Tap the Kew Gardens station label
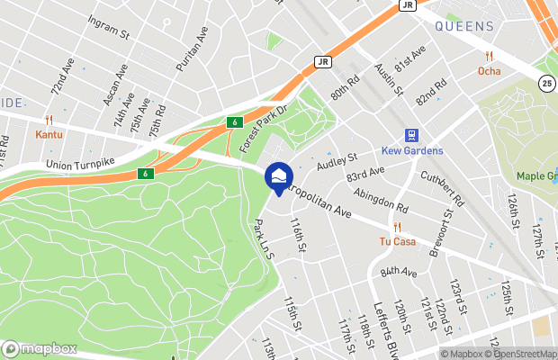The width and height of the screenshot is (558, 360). point(410,151)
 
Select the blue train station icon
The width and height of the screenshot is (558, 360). point(411,135)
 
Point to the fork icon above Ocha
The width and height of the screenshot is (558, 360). point(490,56)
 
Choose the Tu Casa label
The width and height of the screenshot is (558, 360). point(396,241)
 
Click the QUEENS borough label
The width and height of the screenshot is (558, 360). point(463,27)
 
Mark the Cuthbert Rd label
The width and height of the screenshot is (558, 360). point(440,187)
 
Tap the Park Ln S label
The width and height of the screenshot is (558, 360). point(265,240)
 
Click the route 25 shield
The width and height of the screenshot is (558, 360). point(547,84)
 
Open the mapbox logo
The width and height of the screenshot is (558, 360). point(40,348)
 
